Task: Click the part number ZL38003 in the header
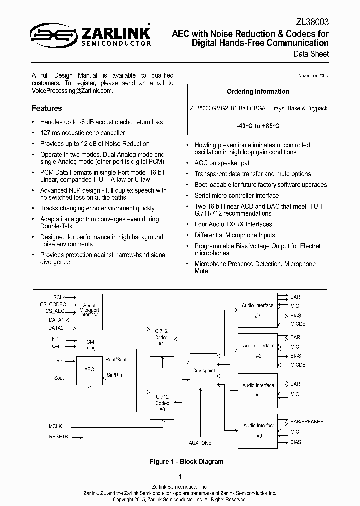pyautogui.click(x=313, y=22)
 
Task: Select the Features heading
pyautogui.click(x=47, y=108)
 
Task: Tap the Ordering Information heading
pyautogui.click(x=258, y=92)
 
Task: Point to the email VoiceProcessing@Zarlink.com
pyautogui.click(x=72, y=91)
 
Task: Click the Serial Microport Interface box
pyautogui.click(x=89, y=311)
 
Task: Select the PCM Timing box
pyautogui.click(x=89, y=345)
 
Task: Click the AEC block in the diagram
pyautogui.click(x=89, y=370)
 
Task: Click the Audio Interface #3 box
pyautogui.click(x=258, y=310)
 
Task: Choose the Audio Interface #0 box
pyautogui.click(x=258, y=430)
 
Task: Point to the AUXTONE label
pyautogui.click(x=200, y=443)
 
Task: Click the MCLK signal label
pyautogui.click(x=55, y=426)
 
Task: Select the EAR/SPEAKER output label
pyautogui.click(x=307, y=421)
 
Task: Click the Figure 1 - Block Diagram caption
pyautogui.click(x=186, y=462)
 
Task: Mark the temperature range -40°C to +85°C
pyautogui.click(x=258, y=126)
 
